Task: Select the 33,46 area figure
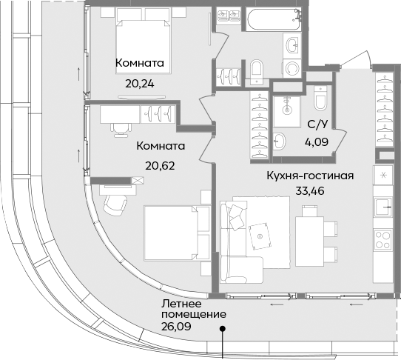[x=310, y=190]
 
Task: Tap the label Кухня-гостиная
[x=310, y=176]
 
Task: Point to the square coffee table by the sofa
[x=260, y=234]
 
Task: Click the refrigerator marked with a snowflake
[x=384, y=176]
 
